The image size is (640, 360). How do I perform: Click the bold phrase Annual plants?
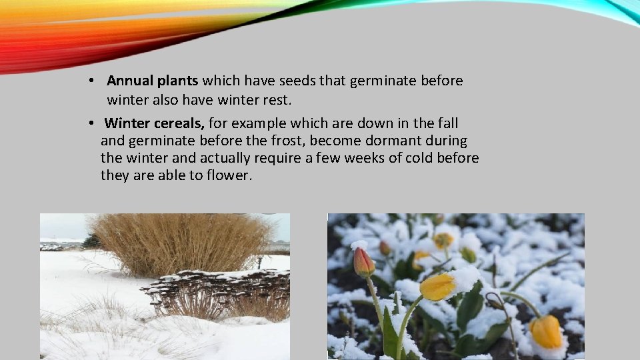click(152, 81)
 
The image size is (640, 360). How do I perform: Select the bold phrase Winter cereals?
click(155, 123)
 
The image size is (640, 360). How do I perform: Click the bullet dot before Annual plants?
click(91, 81)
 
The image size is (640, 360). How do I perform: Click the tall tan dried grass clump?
click(180, 243)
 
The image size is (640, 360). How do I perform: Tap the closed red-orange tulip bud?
click(363, 262)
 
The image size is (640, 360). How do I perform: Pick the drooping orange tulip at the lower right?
click(546, 331)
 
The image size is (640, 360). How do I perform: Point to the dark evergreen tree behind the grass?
click(91, 241)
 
